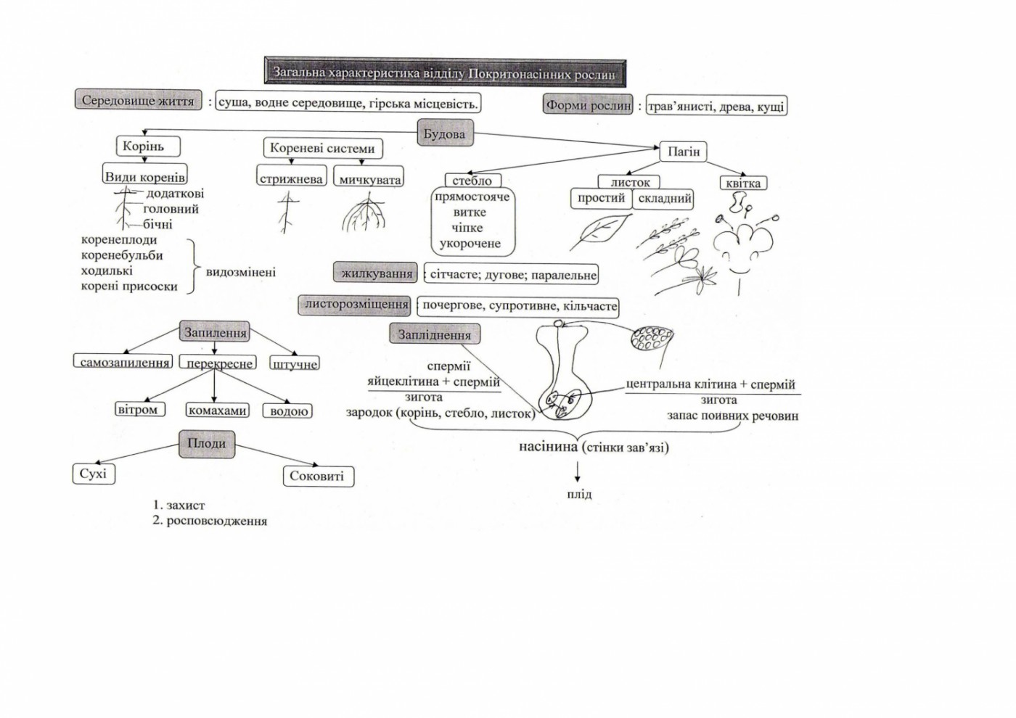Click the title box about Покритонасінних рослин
[444, 74]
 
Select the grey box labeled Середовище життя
[138, 101]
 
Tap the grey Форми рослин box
[588, 105]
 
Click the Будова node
[444, 134]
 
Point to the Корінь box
[144, 147]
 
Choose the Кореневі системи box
[322, 149]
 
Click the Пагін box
[684, 152]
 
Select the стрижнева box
[291, 179]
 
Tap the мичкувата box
[370, 179]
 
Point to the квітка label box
[743, 183]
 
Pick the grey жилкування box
[376, 274]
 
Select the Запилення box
[215, 333]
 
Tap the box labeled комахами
[217, 410]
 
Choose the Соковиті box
[316, 476]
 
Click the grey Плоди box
[207, 444]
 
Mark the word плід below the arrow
[578, 495]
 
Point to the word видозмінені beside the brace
[241, 273]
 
